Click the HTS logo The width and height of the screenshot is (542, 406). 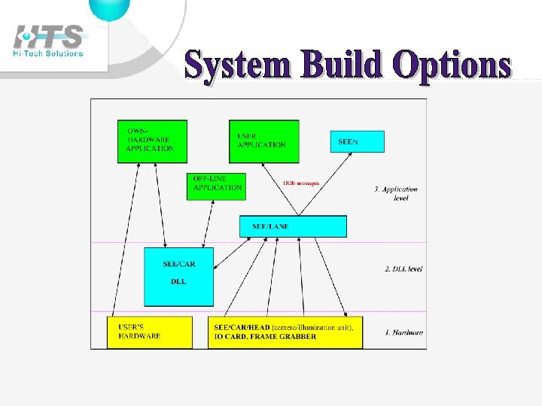click(x=49, y=37)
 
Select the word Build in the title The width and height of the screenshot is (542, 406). click(x=343, y=66)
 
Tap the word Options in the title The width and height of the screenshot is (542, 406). click(x=452, y=66)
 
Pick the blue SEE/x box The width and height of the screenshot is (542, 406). click(x=357, y=141)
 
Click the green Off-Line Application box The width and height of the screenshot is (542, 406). click(x=216, y=186)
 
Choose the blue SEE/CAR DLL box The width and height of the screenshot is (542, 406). click(x=178, y=277)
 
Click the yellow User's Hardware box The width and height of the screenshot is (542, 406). click(x=149, y=332)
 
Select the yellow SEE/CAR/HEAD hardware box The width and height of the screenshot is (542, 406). click(x=285, y=332)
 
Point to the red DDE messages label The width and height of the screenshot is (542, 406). click(x=301, y=183)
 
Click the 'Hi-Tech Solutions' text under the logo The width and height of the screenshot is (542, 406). click(x=48, y=53)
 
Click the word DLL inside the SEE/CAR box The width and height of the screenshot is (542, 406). click(x=178, y=281)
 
